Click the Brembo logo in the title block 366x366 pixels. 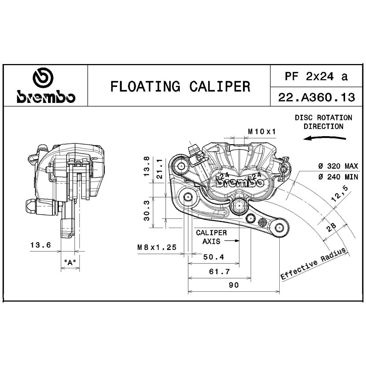tap(46, 85)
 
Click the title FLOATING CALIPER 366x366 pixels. tap(180, 86)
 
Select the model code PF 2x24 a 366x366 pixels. tap(316, 76)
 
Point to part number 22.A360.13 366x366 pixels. tap(317, 97)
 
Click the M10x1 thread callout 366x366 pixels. tap(262, 131)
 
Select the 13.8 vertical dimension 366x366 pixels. tap(146, 167)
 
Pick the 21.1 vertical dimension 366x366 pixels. tap(160, 169)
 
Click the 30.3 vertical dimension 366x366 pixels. tap(147, 210)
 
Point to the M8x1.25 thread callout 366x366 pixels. tap(157, 247)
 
